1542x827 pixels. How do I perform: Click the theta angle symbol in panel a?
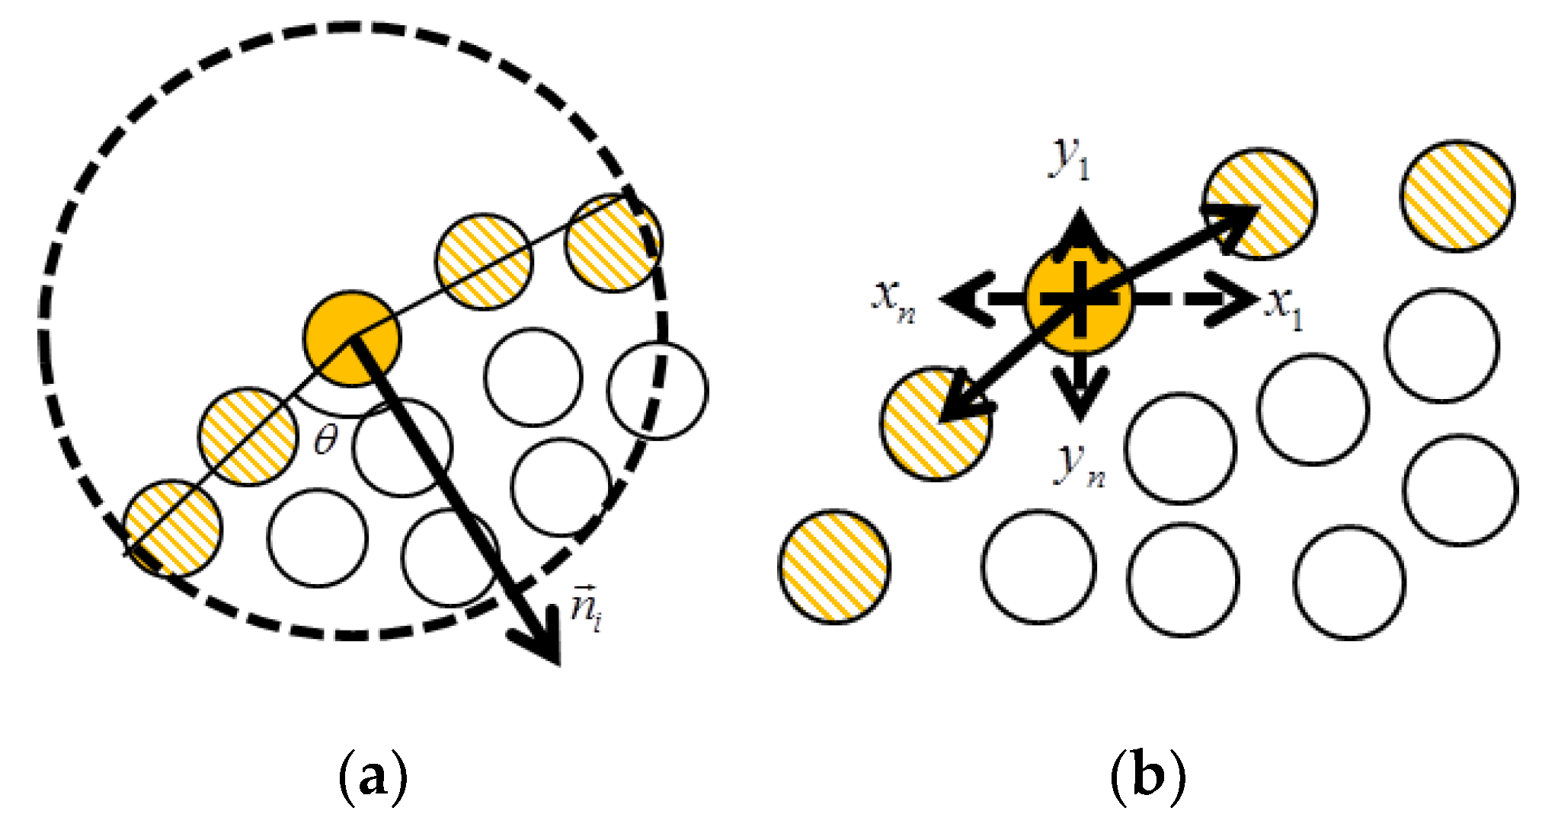pyautogui.click(x=326, y=439)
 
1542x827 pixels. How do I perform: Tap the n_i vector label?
pyautogui.click(x=587, y=609)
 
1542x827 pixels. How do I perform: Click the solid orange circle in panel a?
pyautogui.click(x=351, y=338)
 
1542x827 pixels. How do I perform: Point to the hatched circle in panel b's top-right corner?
pyautogui.click(x=1457, y=196)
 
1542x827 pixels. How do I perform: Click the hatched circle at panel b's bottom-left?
pyautogui.click(x=834, y=567)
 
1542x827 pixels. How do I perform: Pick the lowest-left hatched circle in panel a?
pyautogui.click(x=173, y=528)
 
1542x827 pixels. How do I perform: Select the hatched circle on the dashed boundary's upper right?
pyautogui.click(x=613, y=243)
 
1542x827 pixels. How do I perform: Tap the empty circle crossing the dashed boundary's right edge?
pyautogui.click(x=657, y=391)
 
